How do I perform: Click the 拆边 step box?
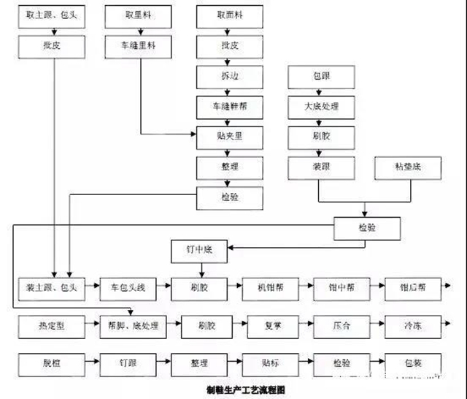(x=229, y=75)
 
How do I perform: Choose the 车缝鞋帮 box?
(x=229, y=105)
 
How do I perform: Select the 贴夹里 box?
(x=229, y=136)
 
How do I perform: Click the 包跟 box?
(x=322, y=75)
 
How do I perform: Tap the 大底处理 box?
(x=322, y=105)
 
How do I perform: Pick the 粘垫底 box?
(x=406, y=167)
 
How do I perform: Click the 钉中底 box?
(x=198, y=251)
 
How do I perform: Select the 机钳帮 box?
(x=271, y=287)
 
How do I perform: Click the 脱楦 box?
(x=56, y=362)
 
